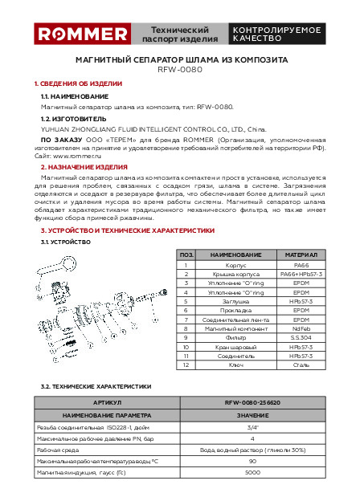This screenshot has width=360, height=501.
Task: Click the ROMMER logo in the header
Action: [83, 34]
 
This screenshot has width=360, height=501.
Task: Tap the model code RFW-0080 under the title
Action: [180, 69]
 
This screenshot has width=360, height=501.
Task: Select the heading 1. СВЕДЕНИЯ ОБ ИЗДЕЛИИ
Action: [78, 83]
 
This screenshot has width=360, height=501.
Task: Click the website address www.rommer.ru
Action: [77, 157]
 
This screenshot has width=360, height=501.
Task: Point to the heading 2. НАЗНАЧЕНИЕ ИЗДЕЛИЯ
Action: [84, 167]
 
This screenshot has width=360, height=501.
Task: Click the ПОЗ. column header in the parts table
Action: [186, 255]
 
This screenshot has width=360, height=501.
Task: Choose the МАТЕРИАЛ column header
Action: [301, 255]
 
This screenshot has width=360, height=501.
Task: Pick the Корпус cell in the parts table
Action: [236, 265]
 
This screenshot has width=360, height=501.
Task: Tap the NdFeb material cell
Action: [301, 329]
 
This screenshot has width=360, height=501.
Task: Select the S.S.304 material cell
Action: [301, 338]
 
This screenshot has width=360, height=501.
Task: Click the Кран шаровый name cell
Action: [236, 347]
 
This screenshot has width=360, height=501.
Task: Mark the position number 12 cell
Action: [186, 365]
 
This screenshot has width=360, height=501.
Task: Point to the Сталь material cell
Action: [301, 365]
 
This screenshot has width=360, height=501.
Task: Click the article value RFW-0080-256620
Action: [252, 402]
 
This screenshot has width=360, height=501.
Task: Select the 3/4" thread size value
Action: [252, 427]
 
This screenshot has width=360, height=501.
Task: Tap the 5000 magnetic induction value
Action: [252, 472]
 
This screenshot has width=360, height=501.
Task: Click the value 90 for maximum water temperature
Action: [252, 461]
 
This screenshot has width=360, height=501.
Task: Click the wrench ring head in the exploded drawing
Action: [69, 264]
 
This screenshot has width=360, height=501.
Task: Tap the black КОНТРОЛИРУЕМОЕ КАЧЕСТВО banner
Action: [277, 34]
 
